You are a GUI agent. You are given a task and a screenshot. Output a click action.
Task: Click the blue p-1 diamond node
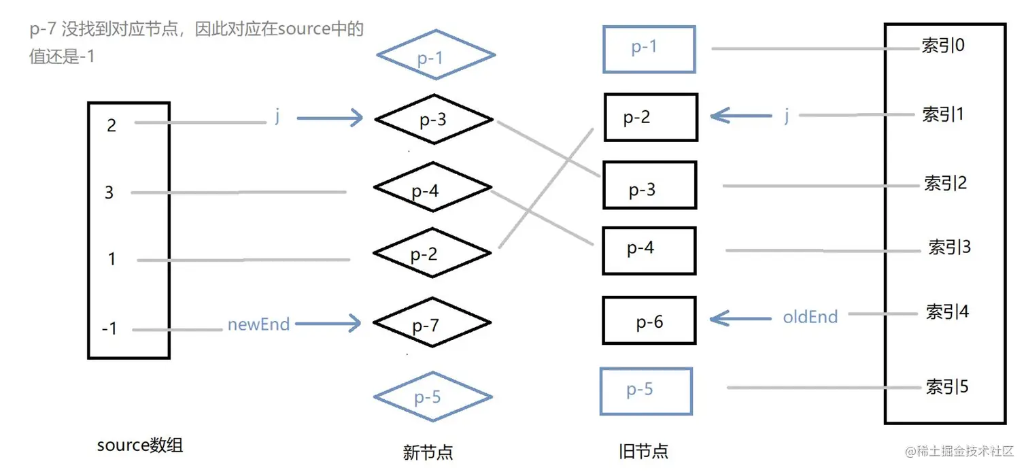(x=435, y=55)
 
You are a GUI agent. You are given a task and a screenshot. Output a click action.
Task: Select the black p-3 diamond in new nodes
(x=433, y=120)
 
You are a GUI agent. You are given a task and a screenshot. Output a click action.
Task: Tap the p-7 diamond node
(x=432, y=324)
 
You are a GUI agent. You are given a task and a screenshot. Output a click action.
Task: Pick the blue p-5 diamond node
(x=432, y=396)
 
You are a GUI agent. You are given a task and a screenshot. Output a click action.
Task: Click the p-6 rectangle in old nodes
(x=649, y=321)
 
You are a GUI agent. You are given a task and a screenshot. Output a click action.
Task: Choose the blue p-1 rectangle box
(x=649, y=49)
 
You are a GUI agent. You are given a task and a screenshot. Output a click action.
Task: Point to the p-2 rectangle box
(x=651, y=118)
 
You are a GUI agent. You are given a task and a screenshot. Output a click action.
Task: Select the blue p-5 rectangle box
(x=646, y=390)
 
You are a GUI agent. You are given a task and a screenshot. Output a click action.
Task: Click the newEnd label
(x=258, y=324)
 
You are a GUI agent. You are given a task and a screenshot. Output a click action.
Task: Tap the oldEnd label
(x=810, y=316)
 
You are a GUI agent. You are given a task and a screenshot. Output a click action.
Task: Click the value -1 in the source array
(x=109, y=329)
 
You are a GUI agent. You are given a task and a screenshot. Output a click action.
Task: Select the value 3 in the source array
(x=109, y=192)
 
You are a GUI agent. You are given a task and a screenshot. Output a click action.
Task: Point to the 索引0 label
(x=943, y=46)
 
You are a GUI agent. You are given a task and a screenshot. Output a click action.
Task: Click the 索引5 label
(x=946, y=387)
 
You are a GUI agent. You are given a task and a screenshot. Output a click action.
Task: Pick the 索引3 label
(x=949, y=247)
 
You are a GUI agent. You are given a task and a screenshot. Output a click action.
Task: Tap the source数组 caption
(x=140, y=445)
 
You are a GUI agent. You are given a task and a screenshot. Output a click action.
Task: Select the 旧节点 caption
(x=643, y=450)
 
